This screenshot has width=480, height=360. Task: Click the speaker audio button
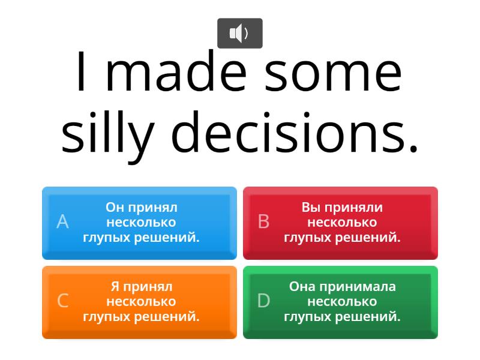point(239,33)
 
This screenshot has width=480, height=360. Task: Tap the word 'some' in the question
point(334,73)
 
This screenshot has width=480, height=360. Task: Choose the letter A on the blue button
point(62,222)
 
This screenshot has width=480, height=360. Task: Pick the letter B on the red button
point(263,222)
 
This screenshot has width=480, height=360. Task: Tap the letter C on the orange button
point(62,301)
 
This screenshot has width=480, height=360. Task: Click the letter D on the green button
point(263,301)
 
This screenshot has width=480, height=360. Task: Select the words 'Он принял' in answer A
point(141,208)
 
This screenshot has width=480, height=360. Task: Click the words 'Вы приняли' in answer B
point(342,208)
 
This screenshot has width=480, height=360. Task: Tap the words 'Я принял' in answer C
point(141,286)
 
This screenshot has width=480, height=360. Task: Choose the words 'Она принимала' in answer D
point(342,286)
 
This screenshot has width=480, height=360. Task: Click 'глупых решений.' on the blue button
point(141,237)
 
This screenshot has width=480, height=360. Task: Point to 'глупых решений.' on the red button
point(342,237)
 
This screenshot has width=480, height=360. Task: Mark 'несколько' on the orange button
point(141,301)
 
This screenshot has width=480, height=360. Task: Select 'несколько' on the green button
point(342,301)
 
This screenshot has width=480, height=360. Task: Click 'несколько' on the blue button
point(141,223)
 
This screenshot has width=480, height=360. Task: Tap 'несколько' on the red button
point(342,223)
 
